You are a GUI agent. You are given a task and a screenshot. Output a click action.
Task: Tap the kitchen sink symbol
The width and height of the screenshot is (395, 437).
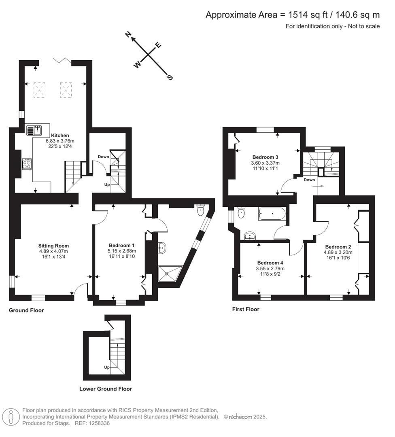click(34, 130)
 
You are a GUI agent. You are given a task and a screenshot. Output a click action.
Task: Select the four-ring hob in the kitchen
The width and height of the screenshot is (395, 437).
click(27, 164)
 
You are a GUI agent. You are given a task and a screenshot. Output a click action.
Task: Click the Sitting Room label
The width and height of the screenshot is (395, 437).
click(53, 246)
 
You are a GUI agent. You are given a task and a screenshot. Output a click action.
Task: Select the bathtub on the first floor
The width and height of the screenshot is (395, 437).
click(272, 213)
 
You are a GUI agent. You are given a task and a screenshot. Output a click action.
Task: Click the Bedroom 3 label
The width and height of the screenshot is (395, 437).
click(265, 157)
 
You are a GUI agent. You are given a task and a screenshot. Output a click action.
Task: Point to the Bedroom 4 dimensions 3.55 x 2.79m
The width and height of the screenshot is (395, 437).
click(270, 268)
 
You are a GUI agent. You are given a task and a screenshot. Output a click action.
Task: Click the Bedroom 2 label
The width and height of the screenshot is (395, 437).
click(338, 247)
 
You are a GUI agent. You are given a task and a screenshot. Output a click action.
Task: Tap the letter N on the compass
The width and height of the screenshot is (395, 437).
click(128, 35)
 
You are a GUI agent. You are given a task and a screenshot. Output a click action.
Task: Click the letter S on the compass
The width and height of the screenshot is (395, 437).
click(170, 77)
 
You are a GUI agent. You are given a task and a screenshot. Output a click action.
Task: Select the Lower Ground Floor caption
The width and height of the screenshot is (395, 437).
click(105, 389)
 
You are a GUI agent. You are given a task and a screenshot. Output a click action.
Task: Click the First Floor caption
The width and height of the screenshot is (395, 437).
click(246, 309)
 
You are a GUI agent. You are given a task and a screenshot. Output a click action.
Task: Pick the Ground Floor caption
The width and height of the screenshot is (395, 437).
click(26, 310)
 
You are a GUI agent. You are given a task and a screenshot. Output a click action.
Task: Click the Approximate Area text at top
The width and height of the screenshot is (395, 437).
click(293, 15)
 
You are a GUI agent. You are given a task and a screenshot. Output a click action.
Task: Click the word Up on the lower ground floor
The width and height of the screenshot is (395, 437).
click(107, 367)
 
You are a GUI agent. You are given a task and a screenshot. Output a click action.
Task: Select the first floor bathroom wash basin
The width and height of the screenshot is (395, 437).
click(250, 235)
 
